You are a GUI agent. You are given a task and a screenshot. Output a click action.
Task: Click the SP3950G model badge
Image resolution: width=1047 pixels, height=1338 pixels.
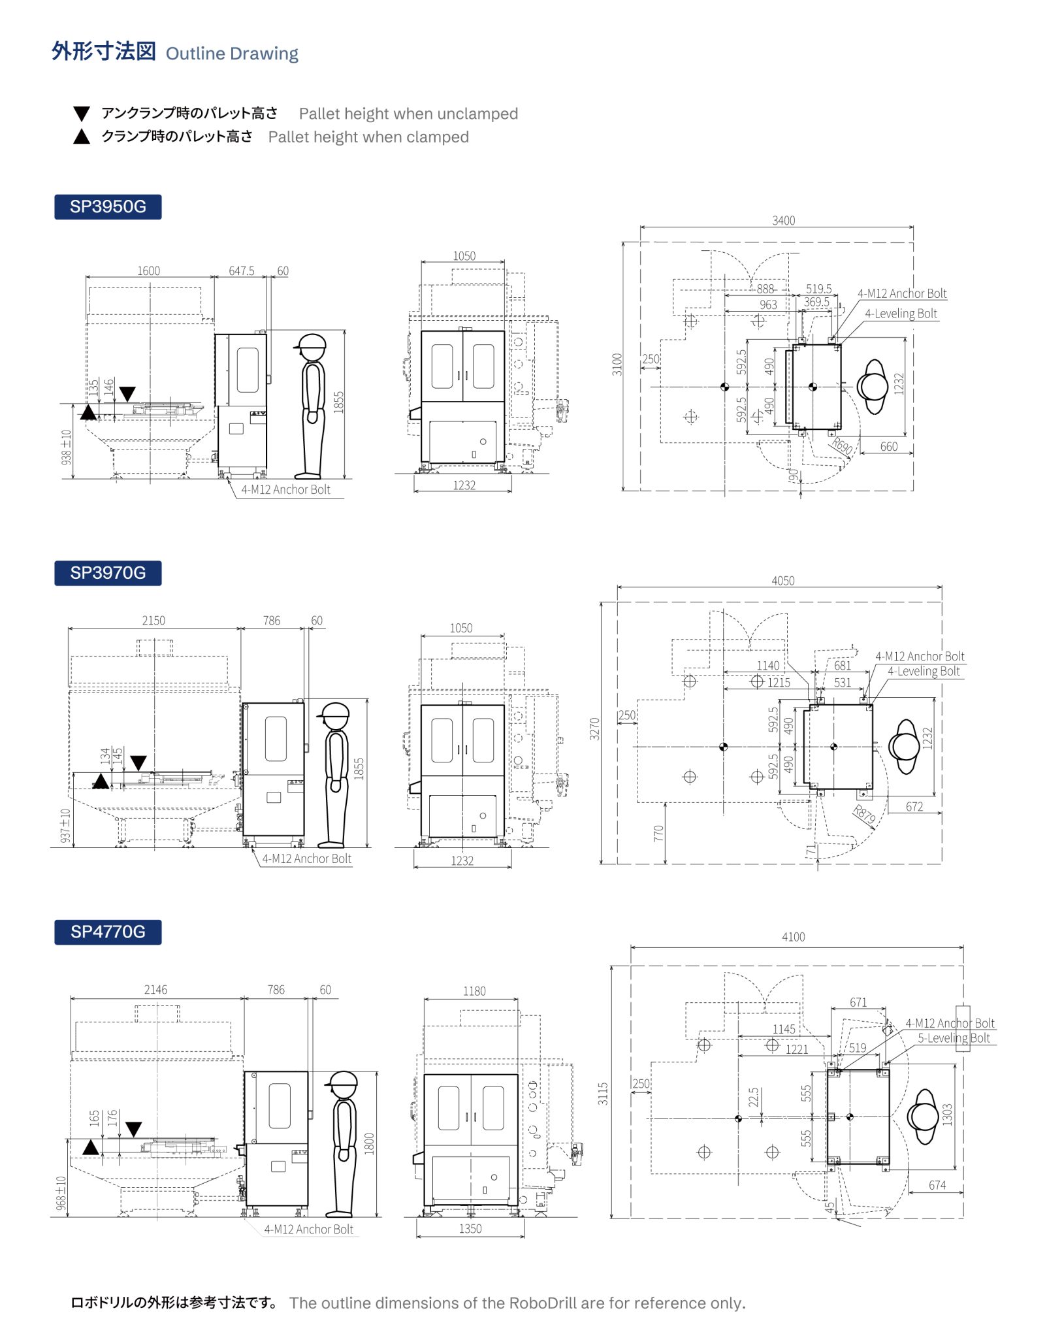(x=108, y=206)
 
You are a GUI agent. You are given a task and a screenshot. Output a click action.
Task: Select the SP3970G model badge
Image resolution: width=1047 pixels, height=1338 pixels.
(x=108, y=573)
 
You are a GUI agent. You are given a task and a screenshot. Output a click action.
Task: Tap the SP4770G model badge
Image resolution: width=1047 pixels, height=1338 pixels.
(x=108, y=932)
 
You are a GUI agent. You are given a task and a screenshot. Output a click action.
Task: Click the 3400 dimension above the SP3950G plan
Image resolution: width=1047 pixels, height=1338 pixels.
(x=783, y=221)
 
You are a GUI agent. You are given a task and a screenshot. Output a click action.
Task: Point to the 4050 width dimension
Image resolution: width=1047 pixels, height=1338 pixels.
(x=782, y=581)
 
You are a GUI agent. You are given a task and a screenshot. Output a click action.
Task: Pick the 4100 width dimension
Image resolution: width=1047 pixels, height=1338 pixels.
(x=793, y=937)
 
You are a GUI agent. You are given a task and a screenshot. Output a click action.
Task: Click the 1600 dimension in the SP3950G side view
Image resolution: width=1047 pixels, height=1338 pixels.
(x=148, y=270)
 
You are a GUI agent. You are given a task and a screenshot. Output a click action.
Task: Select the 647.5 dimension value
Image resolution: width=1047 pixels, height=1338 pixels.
(x=242, y=270)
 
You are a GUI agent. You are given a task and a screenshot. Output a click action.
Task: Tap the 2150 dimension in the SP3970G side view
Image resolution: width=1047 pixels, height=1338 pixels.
(x=153, y=620)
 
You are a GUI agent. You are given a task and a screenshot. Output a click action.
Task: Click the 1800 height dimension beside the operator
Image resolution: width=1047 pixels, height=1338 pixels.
(x=369, y=1144)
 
